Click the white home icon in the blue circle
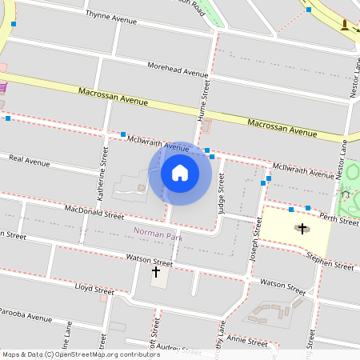click(180, 173)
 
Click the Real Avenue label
click(29, 161)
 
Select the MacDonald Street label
click(94, 213)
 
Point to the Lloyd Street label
click(94, 288)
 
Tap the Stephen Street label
click(330, 262)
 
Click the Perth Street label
click(339, 220)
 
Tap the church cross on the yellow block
click(302, 229)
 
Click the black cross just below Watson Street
click(156, 271)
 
